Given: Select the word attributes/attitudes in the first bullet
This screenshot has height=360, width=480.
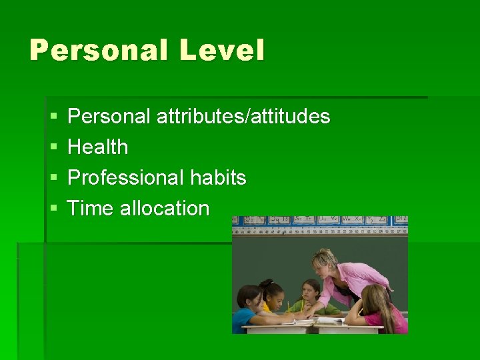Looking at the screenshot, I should pos(243,117).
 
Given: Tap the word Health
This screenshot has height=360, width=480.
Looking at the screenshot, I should pos(98,147).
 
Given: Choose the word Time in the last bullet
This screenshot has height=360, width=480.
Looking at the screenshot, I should pos(91,209).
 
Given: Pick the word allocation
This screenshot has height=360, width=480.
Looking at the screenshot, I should pos(165,209).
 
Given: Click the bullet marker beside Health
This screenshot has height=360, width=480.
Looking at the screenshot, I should pos(53,147).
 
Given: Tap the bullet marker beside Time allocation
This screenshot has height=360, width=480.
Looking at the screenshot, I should pos(53,209).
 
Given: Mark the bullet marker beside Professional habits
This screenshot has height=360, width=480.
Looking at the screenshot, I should pos(53,178).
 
